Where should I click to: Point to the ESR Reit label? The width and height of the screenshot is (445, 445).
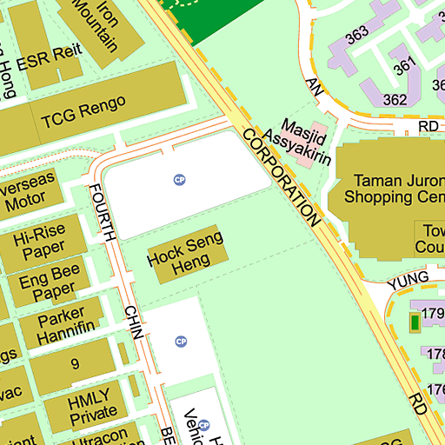[x=55, y=52]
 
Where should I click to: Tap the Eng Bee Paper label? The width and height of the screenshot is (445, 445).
[x=48, y=286]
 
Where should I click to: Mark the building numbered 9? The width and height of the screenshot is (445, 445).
[x=75, y=364]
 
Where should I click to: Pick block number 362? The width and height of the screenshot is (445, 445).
[x=395, y=99]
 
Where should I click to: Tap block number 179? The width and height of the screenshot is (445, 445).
[x=433, y=314]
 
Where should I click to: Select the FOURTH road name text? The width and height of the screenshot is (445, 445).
[x=103, y=212]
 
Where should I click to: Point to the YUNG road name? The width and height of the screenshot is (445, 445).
[x=408, y=278]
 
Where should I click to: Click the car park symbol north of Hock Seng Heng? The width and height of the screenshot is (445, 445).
[x=180, y=180]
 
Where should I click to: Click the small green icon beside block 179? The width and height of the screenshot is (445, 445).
[x=415, y=323]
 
